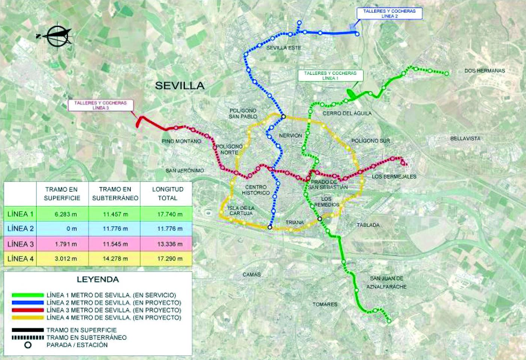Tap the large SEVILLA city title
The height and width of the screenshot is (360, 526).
point(180,86)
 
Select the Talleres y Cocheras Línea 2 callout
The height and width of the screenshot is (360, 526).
point(389,14)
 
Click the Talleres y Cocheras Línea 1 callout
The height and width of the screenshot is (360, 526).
point(330,76)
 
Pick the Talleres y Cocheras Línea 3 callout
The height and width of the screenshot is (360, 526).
point(100,105)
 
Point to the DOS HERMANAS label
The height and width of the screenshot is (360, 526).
point(484,71)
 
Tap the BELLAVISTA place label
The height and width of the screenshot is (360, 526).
point(465,139)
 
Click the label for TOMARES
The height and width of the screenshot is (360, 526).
point(325,304)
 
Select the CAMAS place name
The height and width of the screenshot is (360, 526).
point(251,275)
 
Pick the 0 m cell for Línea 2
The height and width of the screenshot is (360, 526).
point(71,228)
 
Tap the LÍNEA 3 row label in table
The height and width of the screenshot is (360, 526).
point(20,244)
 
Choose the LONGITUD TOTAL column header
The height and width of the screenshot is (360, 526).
point(168,194)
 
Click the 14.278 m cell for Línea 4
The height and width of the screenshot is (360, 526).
point(115,259)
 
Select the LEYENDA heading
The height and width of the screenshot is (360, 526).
point(98,280)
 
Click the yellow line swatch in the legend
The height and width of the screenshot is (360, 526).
point(28,318)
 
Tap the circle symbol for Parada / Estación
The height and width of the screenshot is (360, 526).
point(28,345)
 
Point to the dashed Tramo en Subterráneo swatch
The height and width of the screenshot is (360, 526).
point(28,337)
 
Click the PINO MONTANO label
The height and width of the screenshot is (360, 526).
point(181,141)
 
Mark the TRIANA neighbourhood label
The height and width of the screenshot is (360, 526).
point(294,222)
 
